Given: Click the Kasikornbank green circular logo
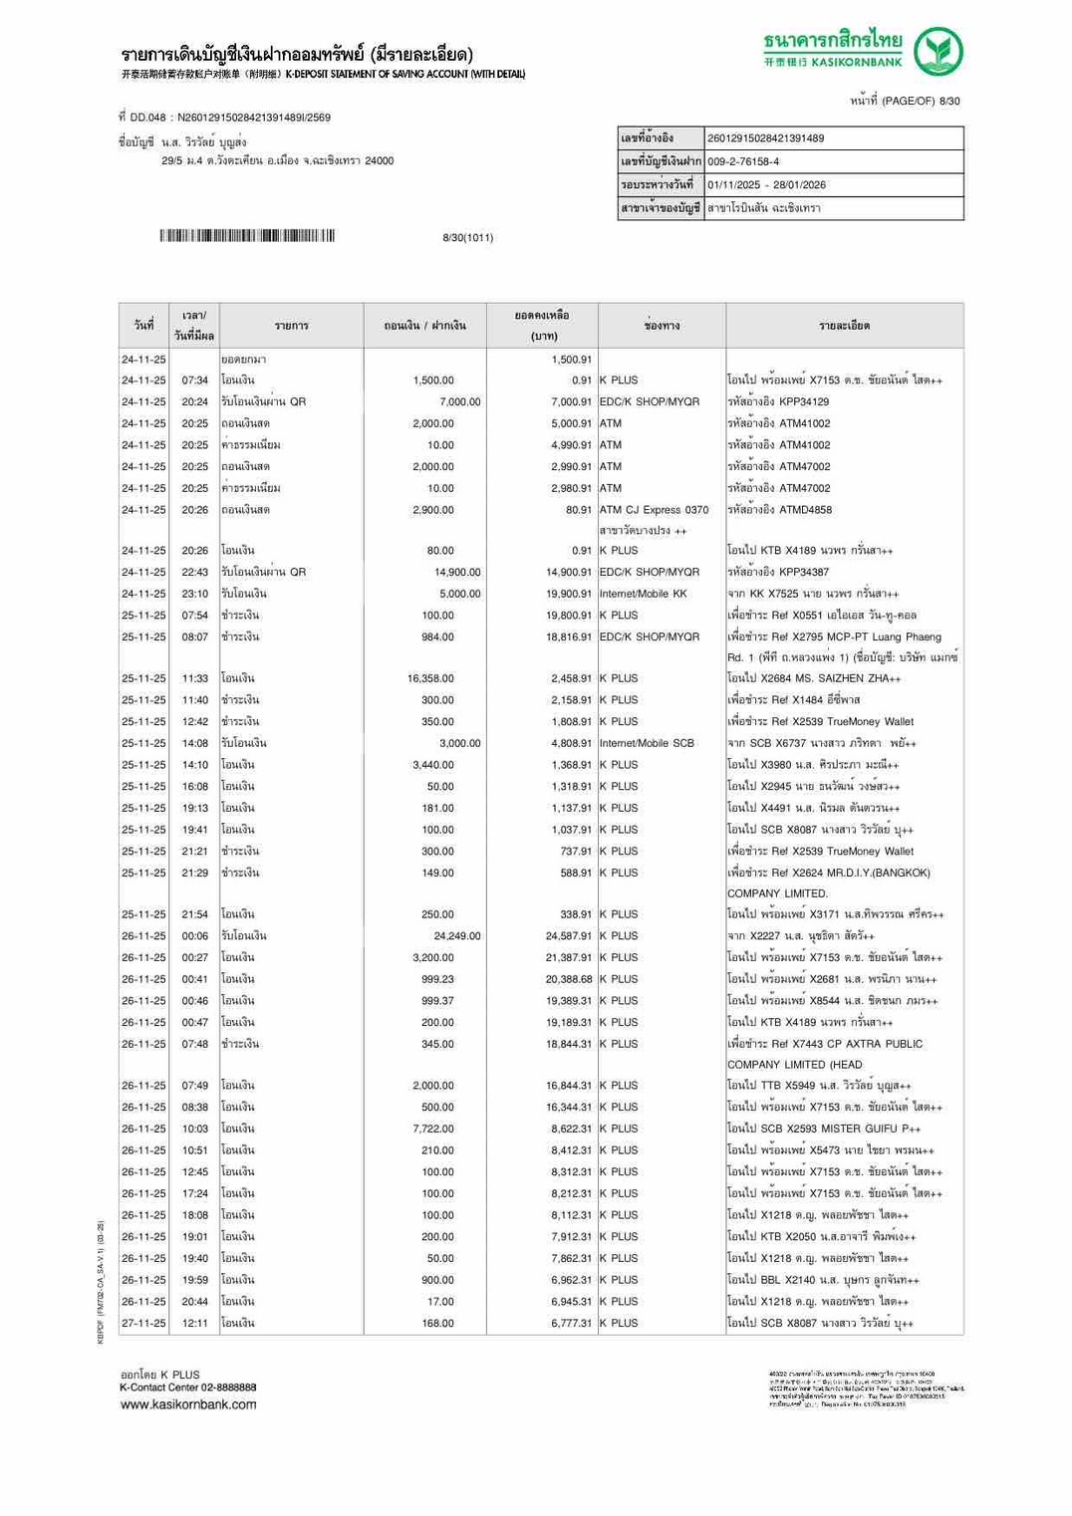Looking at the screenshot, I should click(x=938, y=52).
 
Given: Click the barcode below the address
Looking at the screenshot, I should click(x=246, y=236).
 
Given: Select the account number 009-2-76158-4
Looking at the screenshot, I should click(x=743, y=161).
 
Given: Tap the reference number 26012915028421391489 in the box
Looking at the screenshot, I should click(x=765, y=138).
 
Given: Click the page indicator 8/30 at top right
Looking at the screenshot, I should click(x=949, y=102).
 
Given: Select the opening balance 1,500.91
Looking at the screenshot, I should click(x=571, y=360).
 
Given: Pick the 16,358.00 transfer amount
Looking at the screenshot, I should click(x=430, y=678).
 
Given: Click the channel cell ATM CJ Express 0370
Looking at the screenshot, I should click(x=654, y=510).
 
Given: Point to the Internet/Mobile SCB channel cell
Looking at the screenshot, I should click(x=647, y=743).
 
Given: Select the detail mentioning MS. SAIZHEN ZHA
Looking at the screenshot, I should click(x=813, y=678).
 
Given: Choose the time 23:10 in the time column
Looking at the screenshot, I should click(x=194, y=594).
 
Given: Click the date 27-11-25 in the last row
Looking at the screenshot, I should click(x=143, y=1323).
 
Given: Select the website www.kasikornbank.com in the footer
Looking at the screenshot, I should click(x=188, y=1404).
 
